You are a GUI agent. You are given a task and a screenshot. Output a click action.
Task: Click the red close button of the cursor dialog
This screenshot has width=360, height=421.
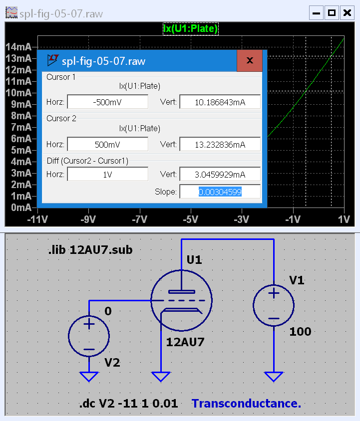coord(250,60)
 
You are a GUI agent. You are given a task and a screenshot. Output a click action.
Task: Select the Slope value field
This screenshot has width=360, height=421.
coord(220,192)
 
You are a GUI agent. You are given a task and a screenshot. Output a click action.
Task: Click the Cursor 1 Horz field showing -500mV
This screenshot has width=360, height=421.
coord(107,102)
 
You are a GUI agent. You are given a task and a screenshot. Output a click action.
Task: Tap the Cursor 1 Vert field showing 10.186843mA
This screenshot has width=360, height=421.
coord(220,102)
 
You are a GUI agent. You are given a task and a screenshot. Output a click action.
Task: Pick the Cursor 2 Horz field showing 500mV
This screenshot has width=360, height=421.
coord(107,145)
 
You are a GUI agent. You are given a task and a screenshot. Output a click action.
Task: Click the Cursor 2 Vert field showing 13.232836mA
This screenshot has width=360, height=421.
coord(220,145)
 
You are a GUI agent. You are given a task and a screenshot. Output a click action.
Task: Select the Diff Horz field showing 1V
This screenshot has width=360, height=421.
coord(107,174)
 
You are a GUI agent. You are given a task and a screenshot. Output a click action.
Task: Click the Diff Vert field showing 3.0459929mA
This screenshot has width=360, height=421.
coord(220,174)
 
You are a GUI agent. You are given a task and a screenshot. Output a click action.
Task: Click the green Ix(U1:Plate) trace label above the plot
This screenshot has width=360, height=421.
coord(191,28)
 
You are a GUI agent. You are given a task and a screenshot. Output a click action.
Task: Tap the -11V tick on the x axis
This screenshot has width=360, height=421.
coord(38,219)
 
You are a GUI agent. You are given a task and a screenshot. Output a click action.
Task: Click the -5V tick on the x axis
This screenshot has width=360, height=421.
coord(190,219)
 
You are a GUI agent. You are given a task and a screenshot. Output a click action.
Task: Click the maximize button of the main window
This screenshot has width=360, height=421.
coord(331,13)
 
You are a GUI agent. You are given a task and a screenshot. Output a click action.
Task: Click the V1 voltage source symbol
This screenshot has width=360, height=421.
coord(273,306)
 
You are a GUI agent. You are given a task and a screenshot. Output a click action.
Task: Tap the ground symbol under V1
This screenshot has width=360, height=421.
coord(273,377)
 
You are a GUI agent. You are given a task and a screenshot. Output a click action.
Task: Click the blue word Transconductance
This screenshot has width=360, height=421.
coord(246,404)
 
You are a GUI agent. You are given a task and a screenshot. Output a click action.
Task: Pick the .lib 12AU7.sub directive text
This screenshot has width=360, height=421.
coord(90,250)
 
